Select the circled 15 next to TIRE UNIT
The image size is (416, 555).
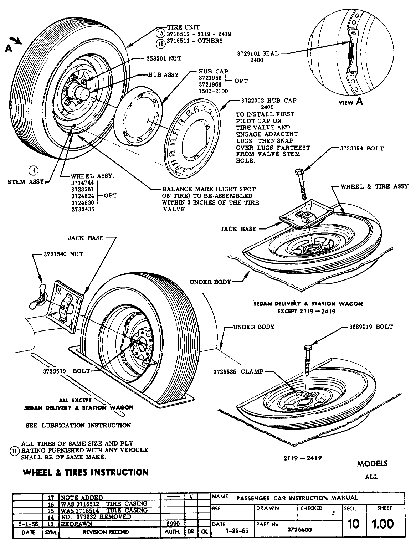[x=160, y=34]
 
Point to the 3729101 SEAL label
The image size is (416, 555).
[x=258, y=54]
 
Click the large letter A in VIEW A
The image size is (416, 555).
[x=359, y=102]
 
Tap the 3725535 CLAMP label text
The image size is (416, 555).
[x=238, y=372]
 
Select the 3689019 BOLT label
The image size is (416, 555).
[x=371, y=327]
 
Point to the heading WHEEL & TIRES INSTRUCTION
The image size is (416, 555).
[x=86, y=472]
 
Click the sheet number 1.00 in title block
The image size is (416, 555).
[x=383, y=524]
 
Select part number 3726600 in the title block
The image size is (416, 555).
[x=299, y=530]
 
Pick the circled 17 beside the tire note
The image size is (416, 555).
[x=13, y=451]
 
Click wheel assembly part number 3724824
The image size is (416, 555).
[x=82, y=196]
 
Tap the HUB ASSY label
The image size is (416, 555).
[x=164, y=75]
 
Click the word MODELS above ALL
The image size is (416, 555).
[x=372, y=464]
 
